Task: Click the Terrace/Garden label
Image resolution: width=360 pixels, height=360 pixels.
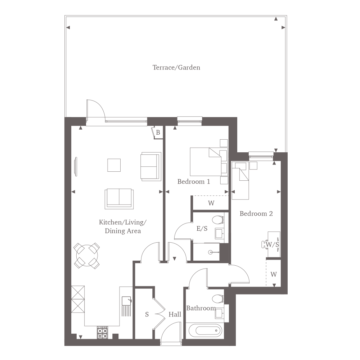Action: click(176, 68)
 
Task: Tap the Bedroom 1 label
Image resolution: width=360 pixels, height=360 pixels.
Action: click(194, 181)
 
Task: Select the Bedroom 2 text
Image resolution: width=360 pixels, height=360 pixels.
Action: click(256, 214)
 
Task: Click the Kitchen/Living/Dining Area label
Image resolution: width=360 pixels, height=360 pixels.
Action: click(123, 226)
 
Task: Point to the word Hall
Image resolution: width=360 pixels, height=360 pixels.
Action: click(175, 314)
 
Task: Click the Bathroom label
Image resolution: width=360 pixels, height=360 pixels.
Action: click(201, 308)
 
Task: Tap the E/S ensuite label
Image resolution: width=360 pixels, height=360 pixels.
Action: click(202, 229)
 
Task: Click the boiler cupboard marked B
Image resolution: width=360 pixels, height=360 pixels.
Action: click(157, 132)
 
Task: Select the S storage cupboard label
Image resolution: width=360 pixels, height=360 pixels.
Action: click(147, 314)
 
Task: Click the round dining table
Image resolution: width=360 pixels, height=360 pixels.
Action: click(87, 255)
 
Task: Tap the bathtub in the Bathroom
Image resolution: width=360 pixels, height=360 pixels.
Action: click(205, 330)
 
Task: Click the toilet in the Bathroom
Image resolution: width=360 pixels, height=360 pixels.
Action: click(218, 299)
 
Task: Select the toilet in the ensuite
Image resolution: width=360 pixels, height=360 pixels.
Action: click(218, 220)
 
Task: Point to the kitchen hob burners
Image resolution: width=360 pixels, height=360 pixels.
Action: click(102, 333)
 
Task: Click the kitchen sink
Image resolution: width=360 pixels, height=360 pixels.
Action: click(126, 301)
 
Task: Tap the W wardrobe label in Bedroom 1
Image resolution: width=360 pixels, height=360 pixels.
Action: click(211, 203)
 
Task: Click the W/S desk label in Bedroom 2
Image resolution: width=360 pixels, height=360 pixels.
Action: click(272, 244)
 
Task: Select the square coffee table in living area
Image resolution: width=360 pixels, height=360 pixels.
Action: click(114, 165)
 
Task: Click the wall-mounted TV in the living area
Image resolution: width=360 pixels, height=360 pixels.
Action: click(76, 167)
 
